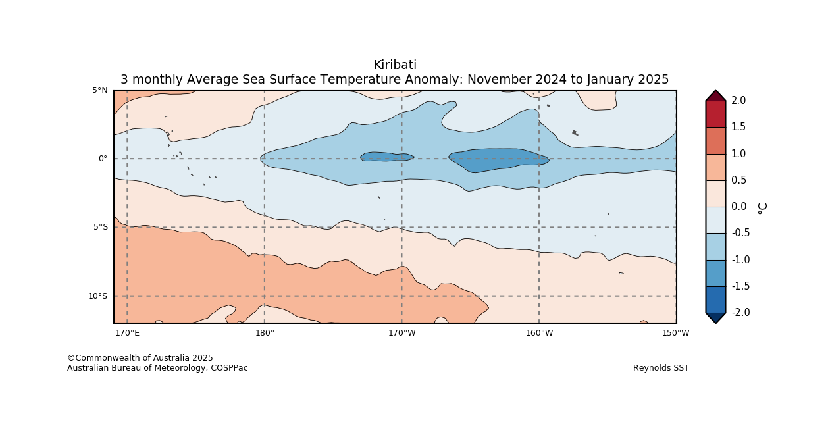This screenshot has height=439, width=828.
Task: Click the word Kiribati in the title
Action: [395, 65]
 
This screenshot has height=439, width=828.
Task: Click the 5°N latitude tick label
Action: [100, 90]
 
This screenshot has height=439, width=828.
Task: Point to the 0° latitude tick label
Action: [103, 159]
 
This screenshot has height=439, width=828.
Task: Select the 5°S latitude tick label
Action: [100, 227]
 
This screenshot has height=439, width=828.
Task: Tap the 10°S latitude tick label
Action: [98, 296]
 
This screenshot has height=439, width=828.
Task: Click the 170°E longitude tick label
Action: [127, 333]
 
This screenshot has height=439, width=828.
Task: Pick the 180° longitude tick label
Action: [265, 333]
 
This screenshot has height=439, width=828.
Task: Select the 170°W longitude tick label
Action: [401, 333]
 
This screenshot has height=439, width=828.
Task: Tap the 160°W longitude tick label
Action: [539, 333]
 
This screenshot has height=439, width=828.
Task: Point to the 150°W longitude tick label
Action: [676, 333]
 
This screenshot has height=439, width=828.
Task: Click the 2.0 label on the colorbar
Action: [738, 101]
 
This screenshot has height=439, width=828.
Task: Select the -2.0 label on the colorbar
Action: [740, 313]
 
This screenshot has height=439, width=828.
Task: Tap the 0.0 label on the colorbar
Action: [738, 207]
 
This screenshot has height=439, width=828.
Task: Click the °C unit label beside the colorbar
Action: [762, 207]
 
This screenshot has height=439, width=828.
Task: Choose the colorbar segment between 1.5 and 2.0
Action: [715, 114]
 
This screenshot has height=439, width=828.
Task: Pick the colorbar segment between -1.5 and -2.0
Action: [715, 299]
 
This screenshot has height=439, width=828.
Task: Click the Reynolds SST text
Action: [661, 368]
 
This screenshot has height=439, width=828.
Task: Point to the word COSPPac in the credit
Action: [230, 368]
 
